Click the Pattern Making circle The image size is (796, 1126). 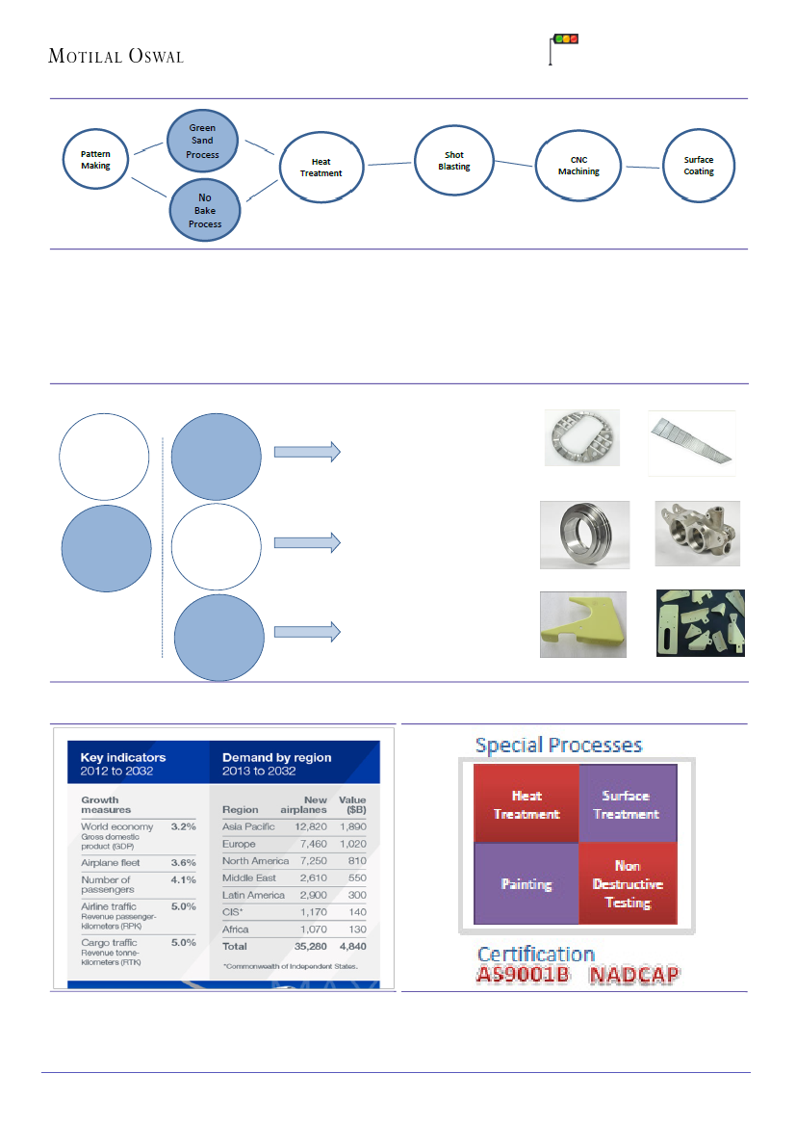(95, 159)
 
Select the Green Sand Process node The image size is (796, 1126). (202, 142)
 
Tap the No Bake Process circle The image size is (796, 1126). (204, 211)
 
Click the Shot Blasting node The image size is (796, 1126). (454, 161)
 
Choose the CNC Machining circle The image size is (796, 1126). (578, 166)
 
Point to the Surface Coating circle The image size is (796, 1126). (699, 166)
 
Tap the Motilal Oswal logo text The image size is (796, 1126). (116, 56)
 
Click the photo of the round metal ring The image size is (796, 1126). (584, 532)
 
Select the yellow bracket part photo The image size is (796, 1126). (582, 624)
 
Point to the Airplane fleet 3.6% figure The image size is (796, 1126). (182, 862)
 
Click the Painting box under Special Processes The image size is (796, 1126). (526, 883)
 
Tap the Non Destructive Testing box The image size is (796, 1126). (628, 884)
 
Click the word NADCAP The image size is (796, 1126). (634, 975)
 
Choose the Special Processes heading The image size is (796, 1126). (559, 745)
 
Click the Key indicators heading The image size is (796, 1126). (123, 757)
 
